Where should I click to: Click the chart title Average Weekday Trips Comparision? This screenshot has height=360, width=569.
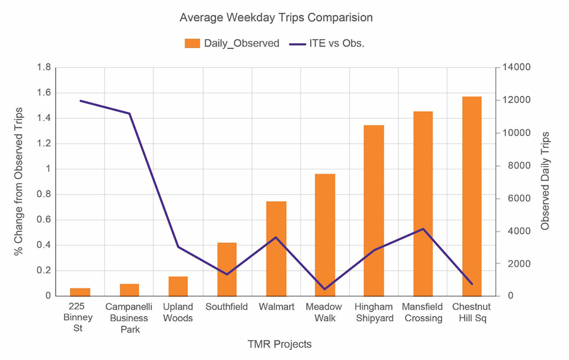(276, 18)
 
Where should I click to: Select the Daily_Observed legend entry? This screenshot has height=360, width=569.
(232, 43)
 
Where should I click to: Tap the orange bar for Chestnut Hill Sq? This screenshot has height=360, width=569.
(472, 196)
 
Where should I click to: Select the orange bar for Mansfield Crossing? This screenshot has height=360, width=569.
(423, 204)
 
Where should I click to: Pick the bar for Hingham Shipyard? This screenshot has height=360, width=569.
(374, 210)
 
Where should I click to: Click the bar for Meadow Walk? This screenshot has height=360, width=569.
(325, 235)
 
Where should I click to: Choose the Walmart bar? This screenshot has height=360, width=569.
(276, 249)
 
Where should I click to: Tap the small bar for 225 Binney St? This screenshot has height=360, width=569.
(80, 292)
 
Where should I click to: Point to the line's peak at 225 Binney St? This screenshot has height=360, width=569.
(80, 101)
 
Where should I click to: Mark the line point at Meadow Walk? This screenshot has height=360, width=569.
(325, 289)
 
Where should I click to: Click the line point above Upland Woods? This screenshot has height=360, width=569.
(178, 247)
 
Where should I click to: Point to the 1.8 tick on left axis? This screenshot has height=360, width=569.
(44, 68)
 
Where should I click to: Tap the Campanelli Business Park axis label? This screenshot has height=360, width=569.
(129, 318)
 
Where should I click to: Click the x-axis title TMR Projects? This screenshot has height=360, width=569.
(279, 344)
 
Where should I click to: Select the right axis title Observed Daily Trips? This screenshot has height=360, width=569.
(545, 181)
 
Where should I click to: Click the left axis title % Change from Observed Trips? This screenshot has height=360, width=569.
(19, 181)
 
